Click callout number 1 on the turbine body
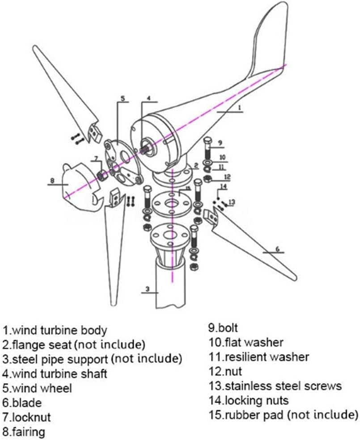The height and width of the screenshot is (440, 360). [239, 107]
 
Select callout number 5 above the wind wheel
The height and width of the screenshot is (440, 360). [123, 98]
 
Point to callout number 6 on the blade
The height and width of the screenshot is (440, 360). [277, 249]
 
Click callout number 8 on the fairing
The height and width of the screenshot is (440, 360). [53, 181]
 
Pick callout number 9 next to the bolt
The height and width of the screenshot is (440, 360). [220, 143]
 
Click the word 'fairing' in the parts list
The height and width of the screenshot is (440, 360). [29, 432]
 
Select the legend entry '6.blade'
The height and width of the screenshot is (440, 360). [22, 403]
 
